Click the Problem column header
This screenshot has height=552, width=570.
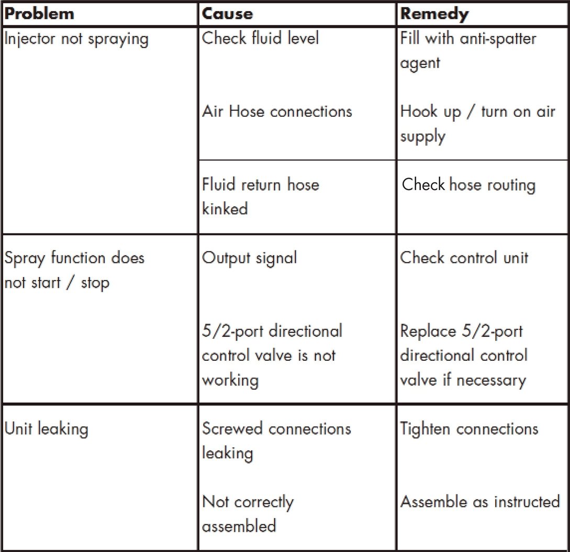click(x=40, y=14)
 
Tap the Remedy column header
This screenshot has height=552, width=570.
click(x=434, y=14)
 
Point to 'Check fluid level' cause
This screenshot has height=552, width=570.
click(x=261, y=39)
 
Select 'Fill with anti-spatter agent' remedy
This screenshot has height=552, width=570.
click(x=468, y=51)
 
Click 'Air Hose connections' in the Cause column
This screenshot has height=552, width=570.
click(x=277, y=112)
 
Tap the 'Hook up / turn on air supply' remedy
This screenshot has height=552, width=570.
click(x=477, y=124)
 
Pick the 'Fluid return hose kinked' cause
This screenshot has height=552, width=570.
click(x=261, y=196)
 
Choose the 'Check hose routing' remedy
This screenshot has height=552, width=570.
click(x=468, y=185)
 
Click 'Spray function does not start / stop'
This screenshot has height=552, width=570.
click(x=74, y=270)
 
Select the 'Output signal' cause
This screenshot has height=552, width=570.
click(x=250, y=258)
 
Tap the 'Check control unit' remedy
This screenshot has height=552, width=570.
click(x=464, y=258)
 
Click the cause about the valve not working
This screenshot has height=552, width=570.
click(x=272, y=355)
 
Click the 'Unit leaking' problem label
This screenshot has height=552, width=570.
click(x=47, y=429)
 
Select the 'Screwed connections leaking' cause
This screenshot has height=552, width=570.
click(x=276, y=440)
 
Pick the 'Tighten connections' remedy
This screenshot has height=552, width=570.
click(x=469, y=429)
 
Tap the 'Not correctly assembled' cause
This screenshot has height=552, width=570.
click(x=248, y=513)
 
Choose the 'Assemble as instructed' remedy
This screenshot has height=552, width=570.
click(x=480, y=502)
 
